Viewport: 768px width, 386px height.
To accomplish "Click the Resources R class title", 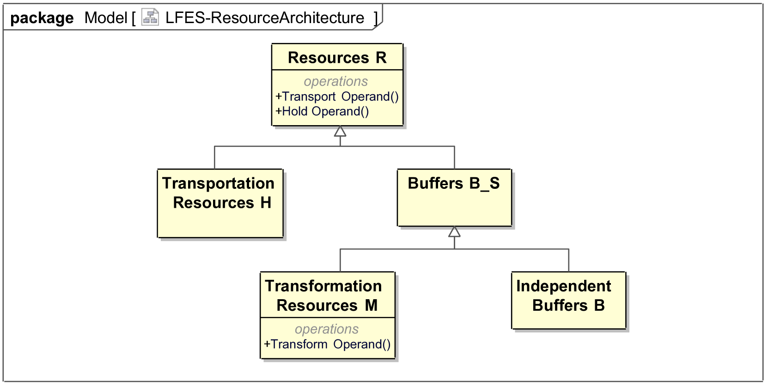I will tap(337, 58).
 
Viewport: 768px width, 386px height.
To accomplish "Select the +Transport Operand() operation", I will tap(337, 96).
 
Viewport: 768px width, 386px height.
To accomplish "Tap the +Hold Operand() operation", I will tap(322, 111).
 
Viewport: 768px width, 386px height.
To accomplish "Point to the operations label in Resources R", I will tap(336, 81).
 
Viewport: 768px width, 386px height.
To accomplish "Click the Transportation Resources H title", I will tap(219, 193).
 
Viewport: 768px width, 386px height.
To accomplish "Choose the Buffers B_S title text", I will tap(453, 183).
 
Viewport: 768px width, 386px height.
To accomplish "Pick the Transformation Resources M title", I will tap(323, 296).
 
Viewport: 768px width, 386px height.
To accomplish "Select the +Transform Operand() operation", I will tap(327, 344).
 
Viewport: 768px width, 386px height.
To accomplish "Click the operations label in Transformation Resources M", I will tap(327, 329).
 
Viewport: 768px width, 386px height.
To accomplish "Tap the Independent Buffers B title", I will tap(564, 296).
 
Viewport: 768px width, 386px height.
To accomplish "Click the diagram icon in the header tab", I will tap(150, 17).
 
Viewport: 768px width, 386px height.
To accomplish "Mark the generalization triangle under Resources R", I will tap(340, 131).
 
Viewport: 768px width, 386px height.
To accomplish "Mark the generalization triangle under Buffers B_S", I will tap(454, 231).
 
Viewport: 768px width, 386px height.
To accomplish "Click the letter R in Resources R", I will tap(381, 58).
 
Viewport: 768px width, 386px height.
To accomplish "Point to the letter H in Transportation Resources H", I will tap(266, 203).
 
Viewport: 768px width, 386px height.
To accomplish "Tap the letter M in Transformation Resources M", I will tap(371, 305).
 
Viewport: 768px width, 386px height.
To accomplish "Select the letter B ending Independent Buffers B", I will tap(599, 305).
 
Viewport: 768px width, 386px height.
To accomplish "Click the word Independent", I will tap(564, 286).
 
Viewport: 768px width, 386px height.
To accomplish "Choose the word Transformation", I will tap(323, 286).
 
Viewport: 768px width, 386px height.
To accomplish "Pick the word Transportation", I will tap(219, 183).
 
